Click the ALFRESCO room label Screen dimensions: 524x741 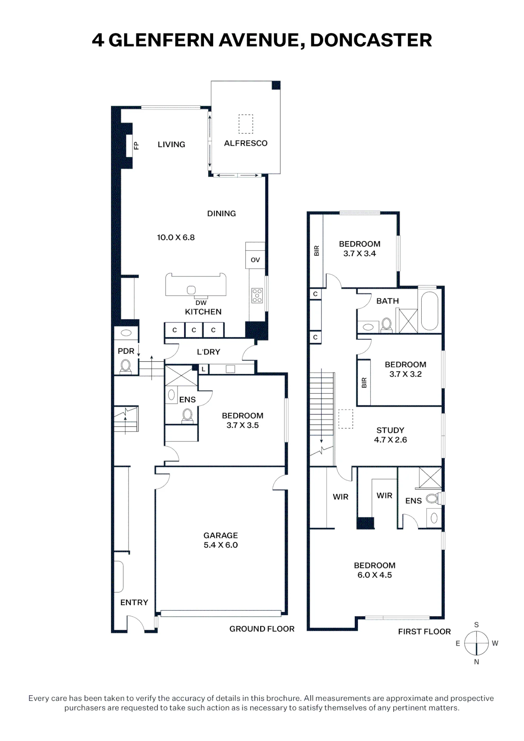(246, 143)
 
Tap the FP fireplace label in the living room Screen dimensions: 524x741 (136, 146)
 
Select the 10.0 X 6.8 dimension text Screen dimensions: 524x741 (176, 237)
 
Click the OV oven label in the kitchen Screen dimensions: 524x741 (255, 260)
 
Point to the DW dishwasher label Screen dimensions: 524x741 (201, 303)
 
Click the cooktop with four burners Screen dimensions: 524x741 (257, 295)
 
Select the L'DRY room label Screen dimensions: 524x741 (209, 352)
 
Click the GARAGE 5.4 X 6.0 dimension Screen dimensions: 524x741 (221, 545)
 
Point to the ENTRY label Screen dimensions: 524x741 (134, 602)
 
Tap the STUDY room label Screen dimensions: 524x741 (390, 430)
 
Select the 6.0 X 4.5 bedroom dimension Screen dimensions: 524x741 (375, 575)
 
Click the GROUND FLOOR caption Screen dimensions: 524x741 (262, 629)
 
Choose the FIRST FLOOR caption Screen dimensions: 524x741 (424, 631)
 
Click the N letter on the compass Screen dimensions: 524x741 (477, 662)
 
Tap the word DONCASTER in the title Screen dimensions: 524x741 (371, 40)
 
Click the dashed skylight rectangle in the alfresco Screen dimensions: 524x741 (246, 124)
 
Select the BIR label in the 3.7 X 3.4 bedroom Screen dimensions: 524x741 (316, 251)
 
